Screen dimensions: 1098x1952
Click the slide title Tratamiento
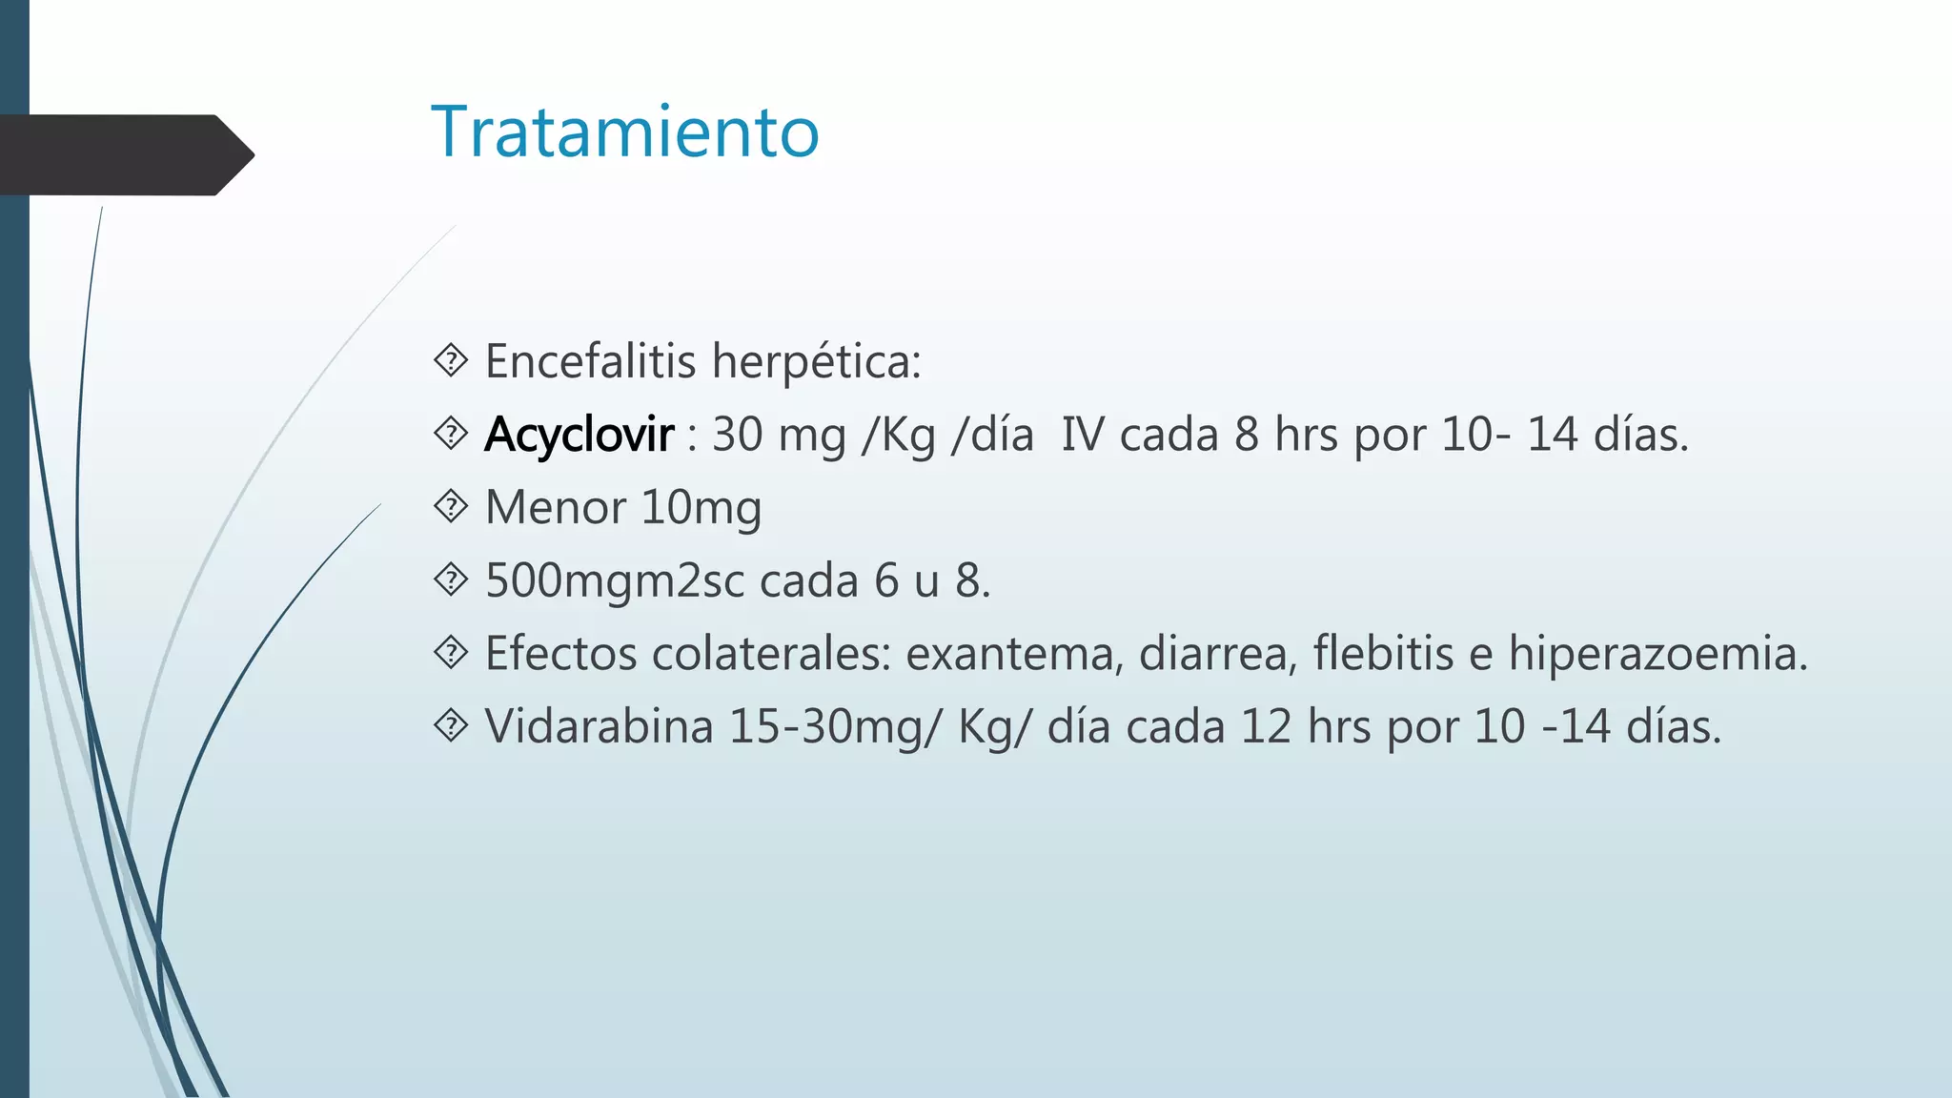[624, 132]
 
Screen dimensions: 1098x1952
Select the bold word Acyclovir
[579, 435]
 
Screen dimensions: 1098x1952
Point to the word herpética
[816, 361]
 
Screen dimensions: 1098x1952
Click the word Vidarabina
[599, 726]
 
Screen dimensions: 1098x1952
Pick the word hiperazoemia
[1657, 654]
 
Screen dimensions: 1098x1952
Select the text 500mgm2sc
[615, 580]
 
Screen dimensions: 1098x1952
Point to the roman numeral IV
[1082, 435]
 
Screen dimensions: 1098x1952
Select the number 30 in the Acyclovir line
[737, 435]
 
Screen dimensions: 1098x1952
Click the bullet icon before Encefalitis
[451, 360]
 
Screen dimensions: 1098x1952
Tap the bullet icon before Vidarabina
[451, 725]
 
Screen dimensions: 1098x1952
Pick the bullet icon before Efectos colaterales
[451, 653]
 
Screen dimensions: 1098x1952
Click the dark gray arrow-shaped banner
[124, 154]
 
